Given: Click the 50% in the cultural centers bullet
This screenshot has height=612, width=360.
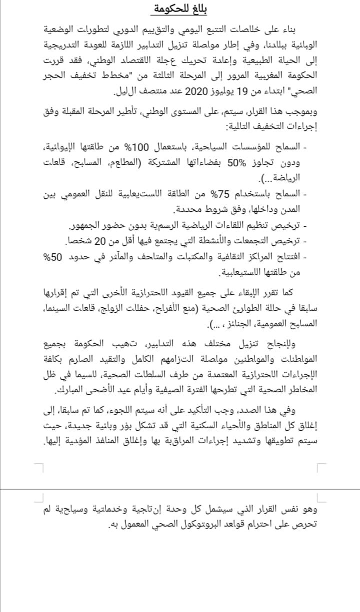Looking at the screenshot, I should pos(52,258).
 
